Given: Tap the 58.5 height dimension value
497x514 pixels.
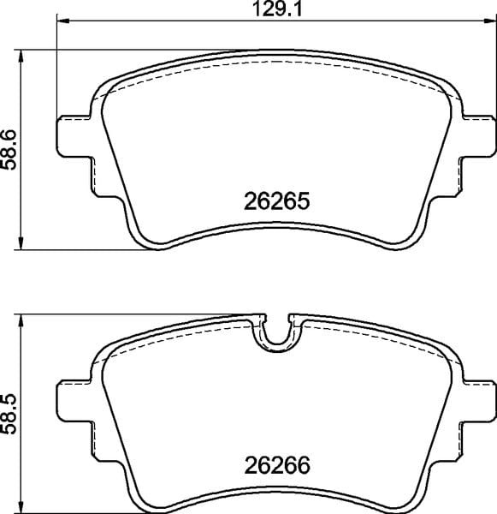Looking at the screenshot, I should (x=9, y=415).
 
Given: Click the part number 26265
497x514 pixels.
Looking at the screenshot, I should (x=275, y=203).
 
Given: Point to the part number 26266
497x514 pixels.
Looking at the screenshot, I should (x=275, y=468).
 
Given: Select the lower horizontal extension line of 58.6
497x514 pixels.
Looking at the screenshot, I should (x=86, y=250).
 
